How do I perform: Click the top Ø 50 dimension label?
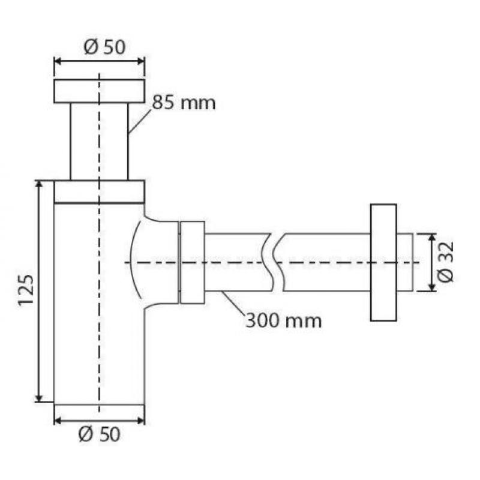pyautogui.click(x=104, y=47)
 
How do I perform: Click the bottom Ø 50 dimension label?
pyautogui.click(x=99, y=434)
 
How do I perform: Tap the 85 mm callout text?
pyautogui.click(x=184, y=103)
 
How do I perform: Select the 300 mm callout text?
pyautogui.click(x=284, y=321)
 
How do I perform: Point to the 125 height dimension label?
pyautogui.click(x=26, y=290)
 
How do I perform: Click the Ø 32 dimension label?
pyautogui.click(x=445, y=262)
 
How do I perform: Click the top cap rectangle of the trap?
pyautogui.click(x=99, y=91)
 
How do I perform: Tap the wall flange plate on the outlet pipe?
pyautogui.click(x=383, y=263)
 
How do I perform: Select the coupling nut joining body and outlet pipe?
pyautogui.click(x=193, y=262)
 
